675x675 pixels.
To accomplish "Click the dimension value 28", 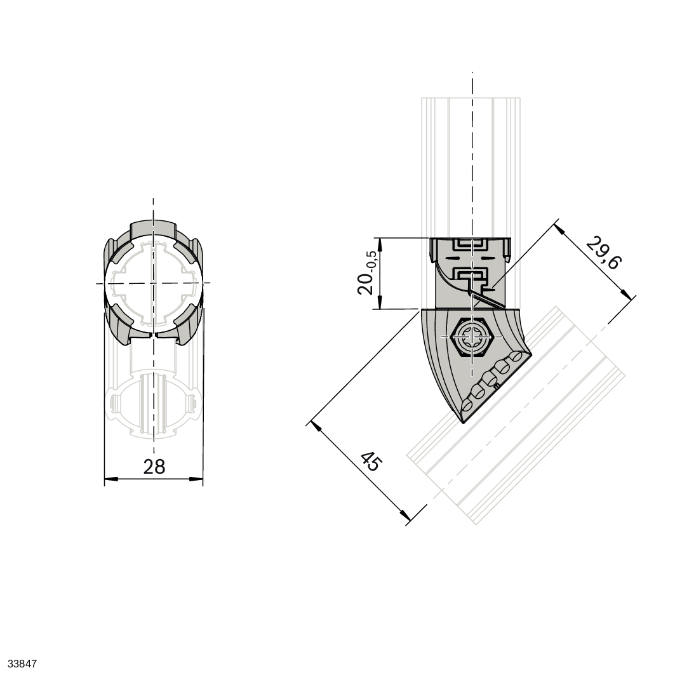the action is [x=154, y=466].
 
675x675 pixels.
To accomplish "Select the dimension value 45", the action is [x=371, y=461].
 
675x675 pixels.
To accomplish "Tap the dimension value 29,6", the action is [x=603, y=253].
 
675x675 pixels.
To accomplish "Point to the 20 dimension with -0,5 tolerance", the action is [x=367, y=272].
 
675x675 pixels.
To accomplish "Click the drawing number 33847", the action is [x=22, y=664].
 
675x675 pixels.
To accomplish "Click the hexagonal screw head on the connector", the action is [x=472, y=337].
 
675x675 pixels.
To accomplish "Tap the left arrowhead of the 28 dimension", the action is [x=111, y=478].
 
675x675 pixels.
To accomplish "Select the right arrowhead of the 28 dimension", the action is [x=196, y=478].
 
